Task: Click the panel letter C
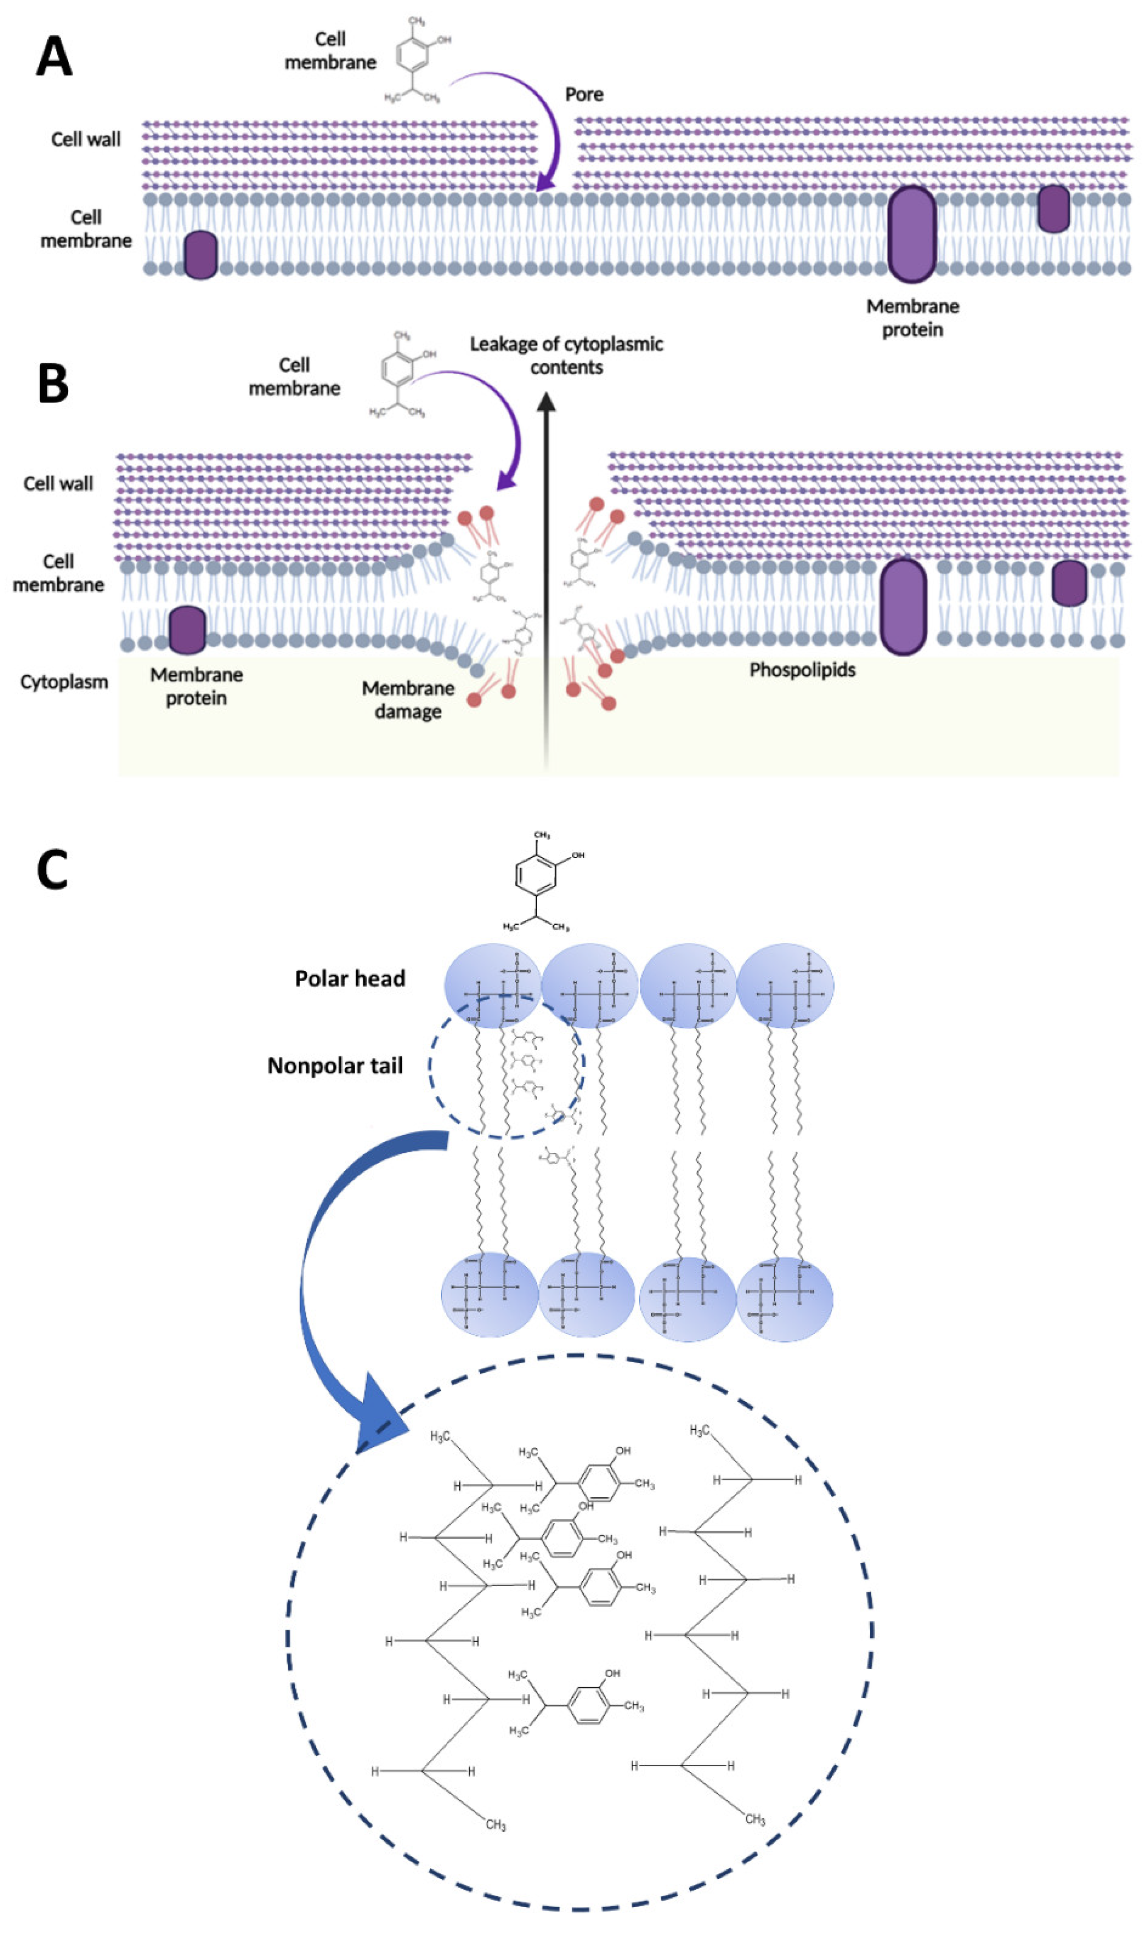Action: click(x=53, y=870)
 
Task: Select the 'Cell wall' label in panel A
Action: click(x=86, y=139)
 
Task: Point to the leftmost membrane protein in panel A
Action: click(x=201, y=255)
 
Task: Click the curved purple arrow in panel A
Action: click(x=534, y=116)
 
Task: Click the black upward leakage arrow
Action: click(x=546, y=580)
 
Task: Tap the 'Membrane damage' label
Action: click(x=408, y=700)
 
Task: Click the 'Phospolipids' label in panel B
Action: click(x=802, y=670)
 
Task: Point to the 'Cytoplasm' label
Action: click(x=64, y=682)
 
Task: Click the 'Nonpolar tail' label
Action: click(x=335, y=1065)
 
